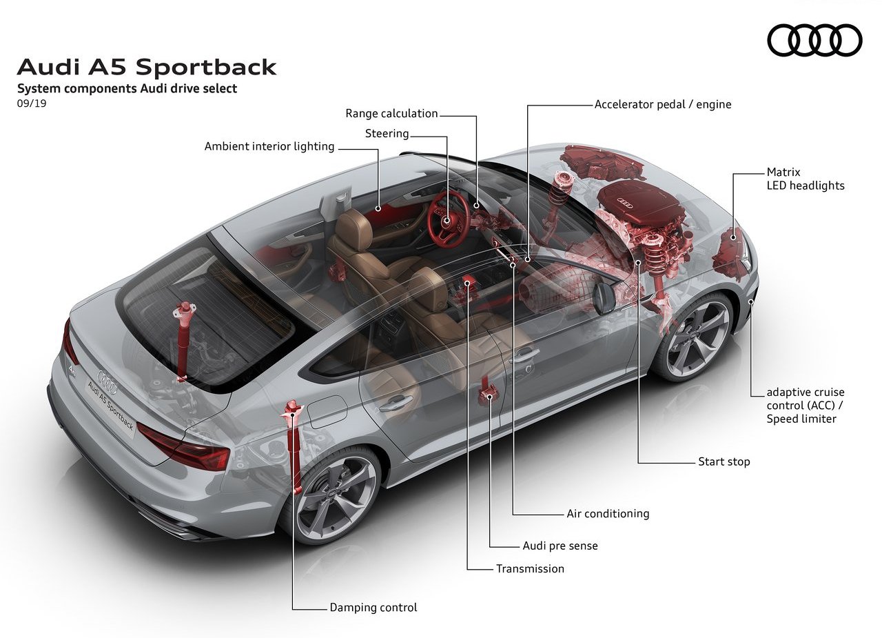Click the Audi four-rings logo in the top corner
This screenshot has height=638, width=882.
pos(814,40)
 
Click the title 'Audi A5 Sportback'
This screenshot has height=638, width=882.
pos(147,67)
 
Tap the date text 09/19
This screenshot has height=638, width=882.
pos(32,103)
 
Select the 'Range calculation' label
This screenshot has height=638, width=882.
pos(391,114)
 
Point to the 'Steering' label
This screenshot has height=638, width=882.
pos(387,134)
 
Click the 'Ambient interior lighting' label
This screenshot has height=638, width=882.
pos(269,147)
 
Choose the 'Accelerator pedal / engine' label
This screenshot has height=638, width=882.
pos(663,104)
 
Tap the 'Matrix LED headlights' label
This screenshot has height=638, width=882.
pos(806,179)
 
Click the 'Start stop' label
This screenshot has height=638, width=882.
pos(724,461)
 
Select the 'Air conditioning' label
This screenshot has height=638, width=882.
pos(608,513)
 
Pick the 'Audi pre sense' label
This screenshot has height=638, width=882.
pos(560,546)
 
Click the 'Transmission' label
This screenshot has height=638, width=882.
pos(530,568)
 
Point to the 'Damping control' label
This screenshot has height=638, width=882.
pos(373,607)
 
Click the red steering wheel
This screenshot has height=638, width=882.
pos(449,219)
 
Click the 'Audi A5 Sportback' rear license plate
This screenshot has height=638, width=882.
pos(111,405)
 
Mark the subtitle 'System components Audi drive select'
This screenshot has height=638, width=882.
pos(127,88)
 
